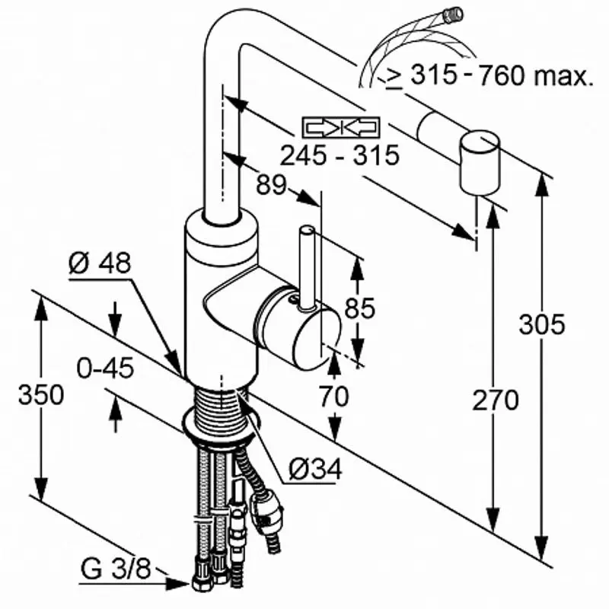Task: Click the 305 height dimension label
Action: point(543,324)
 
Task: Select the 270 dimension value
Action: point(496,400)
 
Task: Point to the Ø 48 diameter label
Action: point(100,263)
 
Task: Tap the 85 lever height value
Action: point(361,308)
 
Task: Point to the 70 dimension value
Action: point(333,396)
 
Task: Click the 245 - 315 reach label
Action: point(340,155)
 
